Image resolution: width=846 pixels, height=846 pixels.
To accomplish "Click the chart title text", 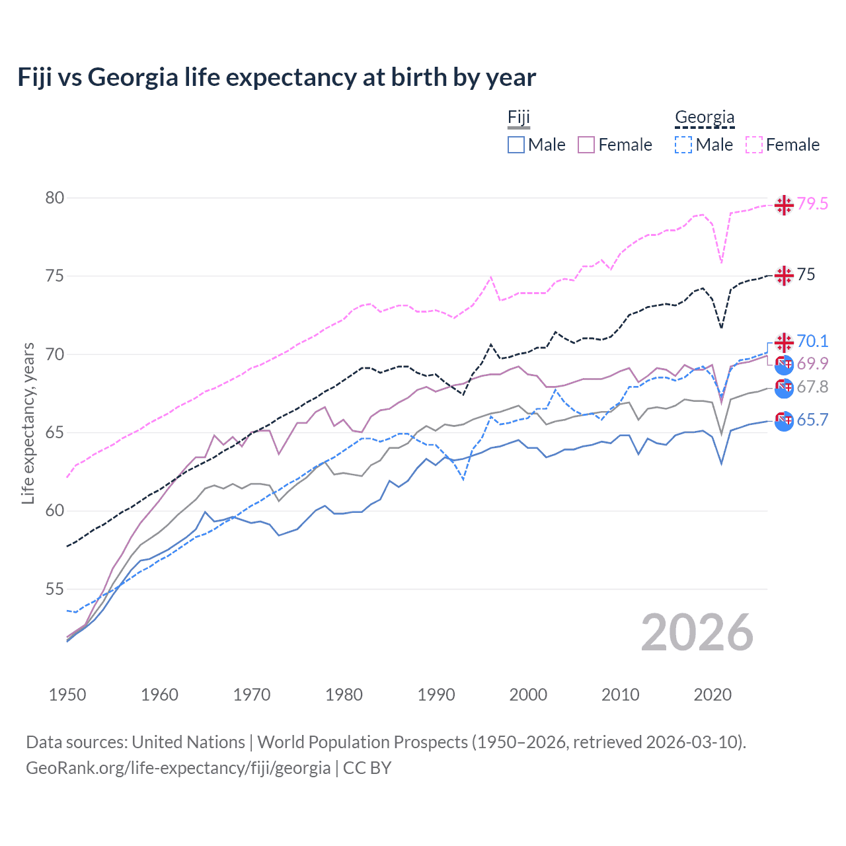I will click(276, 77).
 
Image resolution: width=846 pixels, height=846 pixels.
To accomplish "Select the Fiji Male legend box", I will click(516, 145).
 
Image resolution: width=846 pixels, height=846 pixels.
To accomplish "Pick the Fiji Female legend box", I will click(586, 145).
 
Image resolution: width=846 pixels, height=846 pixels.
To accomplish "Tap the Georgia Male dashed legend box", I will click(683, 145).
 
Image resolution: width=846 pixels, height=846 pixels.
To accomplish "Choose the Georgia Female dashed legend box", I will click(754, 145).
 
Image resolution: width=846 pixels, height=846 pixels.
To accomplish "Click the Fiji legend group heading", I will click(519, 118).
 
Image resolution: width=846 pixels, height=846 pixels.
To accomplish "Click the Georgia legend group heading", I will click(705, 118).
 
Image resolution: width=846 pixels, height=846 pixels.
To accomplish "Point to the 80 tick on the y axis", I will click(55, 198).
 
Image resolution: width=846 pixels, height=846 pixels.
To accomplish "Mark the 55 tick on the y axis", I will click(55, 589).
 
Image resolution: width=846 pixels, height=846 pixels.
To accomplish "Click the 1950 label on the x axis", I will click(67, 695).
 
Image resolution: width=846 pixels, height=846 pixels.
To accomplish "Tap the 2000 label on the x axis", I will click(528, 695).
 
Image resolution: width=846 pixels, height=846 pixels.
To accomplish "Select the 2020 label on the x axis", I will click(712, 695).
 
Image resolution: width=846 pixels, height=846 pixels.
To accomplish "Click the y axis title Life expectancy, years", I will click(28, 423).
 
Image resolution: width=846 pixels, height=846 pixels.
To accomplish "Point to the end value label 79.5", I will click(812, 204).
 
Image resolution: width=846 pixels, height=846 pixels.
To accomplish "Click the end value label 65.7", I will click(812, 420).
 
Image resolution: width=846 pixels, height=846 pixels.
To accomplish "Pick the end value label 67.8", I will click(812, 387).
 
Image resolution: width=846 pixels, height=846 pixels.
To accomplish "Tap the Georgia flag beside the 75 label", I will click(784, 275).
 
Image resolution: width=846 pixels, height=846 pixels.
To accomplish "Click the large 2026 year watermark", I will click(697, 633).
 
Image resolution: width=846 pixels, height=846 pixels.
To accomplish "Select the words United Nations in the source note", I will click(188, 742).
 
